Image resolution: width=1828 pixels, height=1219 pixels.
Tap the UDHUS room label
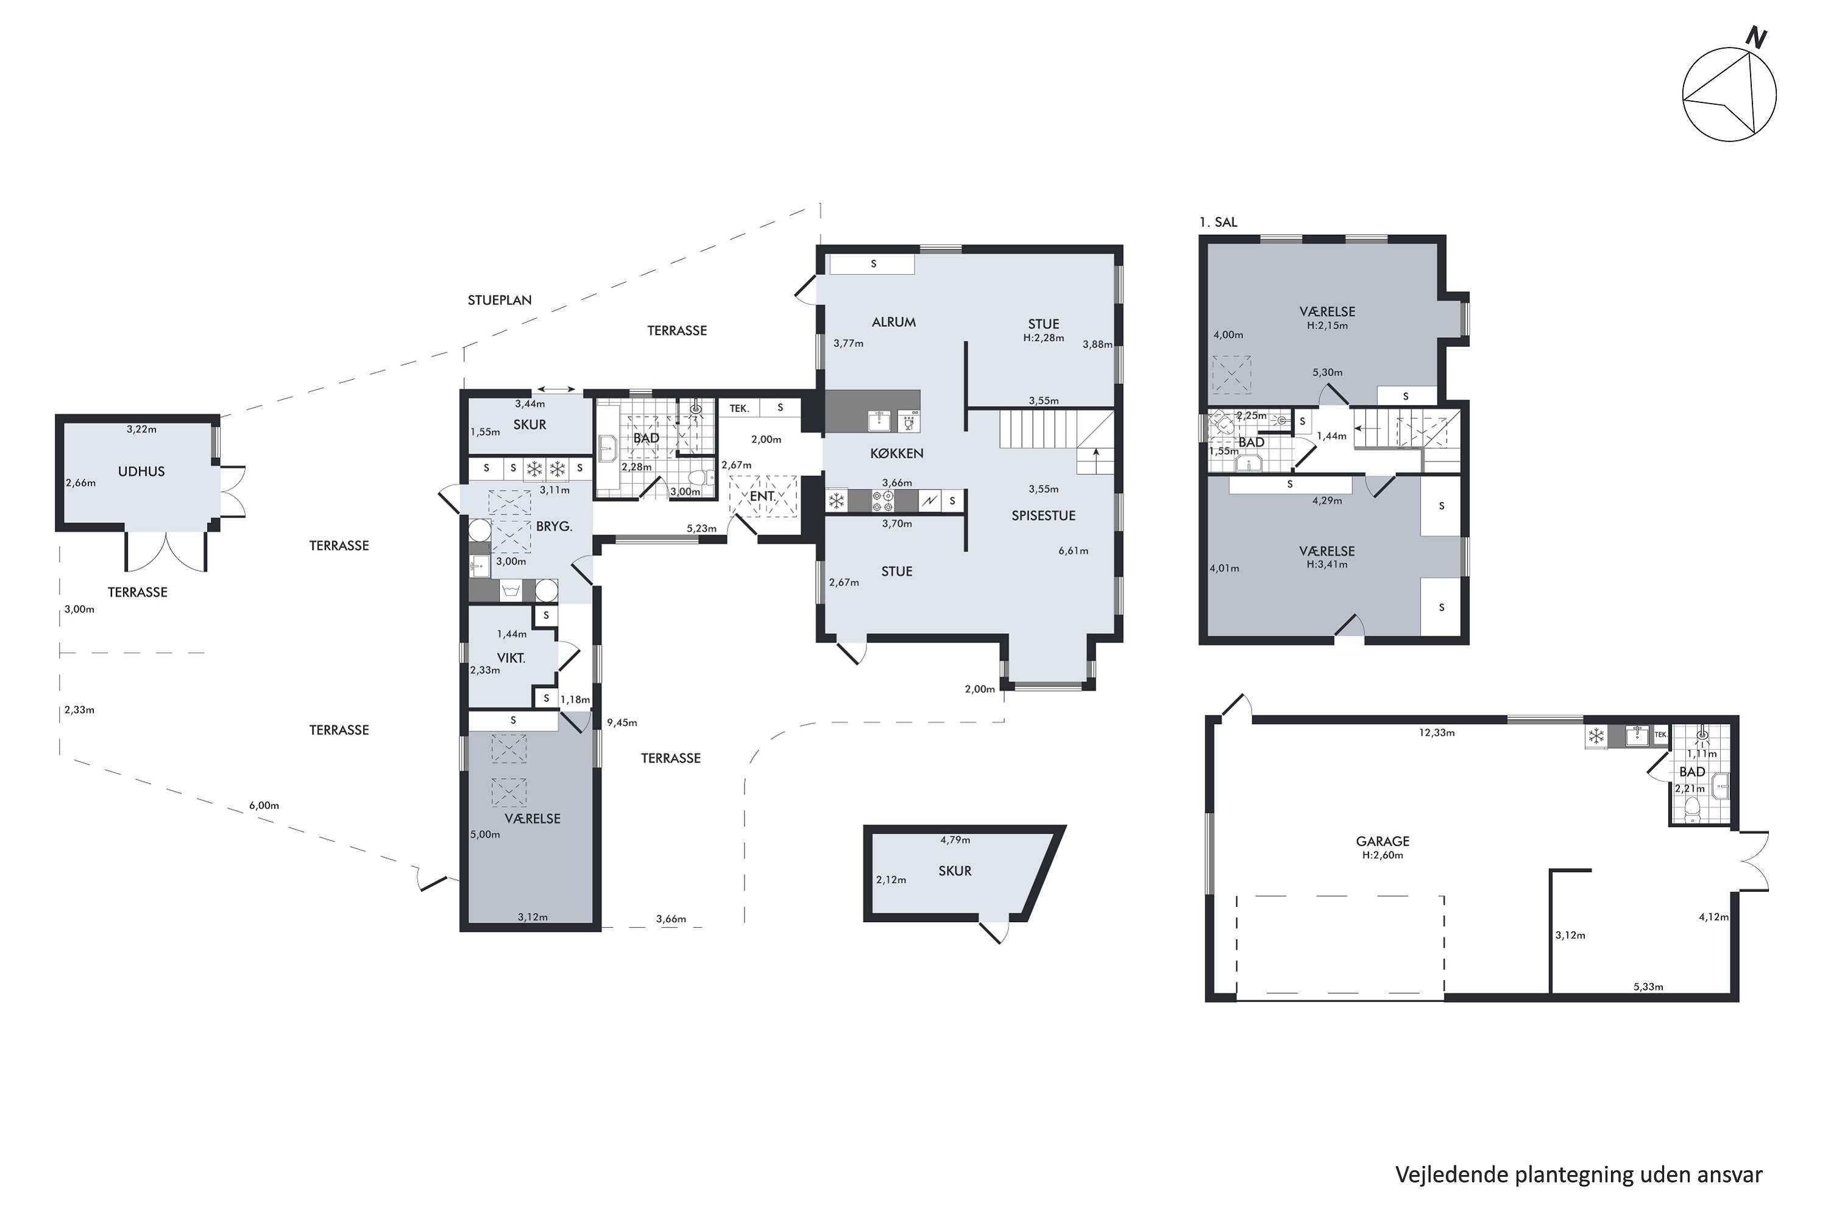(141, 471)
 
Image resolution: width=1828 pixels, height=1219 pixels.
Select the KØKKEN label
(897, 453)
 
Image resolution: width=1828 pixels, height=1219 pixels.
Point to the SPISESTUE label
(1043, 516)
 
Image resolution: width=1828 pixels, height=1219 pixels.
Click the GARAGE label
(1383, 841)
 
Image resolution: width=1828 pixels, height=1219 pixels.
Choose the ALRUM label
(894, 322)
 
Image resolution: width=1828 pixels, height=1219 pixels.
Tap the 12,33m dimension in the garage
(1436, 733)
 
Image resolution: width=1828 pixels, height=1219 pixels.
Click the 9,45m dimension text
(622, 722)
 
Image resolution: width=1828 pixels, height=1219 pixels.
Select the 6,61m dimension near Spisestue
(1073, 550)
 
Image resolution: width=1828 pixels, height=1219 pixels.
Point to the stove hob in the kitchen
(883, 500)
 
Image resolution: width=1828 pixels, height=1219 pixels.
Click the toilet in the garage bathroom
(1692, 810)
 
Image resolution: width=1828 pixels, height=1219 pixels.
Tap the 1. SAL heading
(1218, 222)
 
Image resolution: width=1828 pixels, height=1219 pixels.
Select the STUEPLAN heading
(500, 300)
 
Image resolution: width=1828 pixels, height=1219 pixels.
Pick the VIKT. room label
(511, 658)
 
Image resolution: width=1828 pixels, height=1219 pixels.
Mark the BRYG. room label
(554, 527)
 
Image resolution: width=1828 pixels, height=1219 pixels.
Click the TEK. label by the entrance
(739, 408)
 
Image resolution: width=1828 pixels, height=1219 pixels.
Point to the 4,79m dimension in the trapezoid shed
(955, 840)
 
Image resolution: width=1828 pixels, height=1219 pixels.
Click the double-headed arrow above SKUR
(556, 389)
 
